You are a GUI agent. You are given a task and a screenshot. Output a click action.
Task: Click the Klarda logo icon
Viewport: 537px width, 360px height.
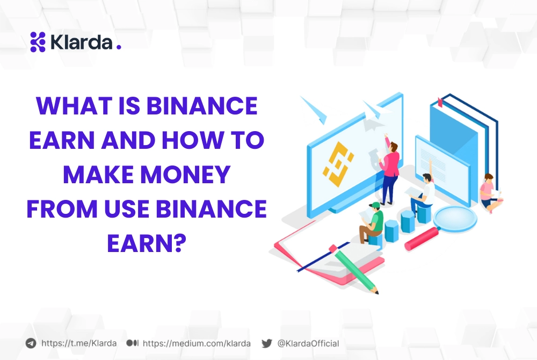tap(38, 42)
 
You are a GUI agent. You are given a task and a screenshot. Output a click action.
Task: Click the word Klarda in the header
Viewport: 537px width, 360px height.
tap(81, 42)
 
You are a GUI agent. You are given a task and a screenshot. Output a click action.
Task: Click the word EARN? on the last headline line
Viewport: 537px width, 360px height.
tap(147, 243)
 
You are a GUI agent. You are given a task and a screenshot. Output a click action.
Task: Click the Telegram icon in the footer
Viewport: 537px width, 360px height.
tap(31, 343)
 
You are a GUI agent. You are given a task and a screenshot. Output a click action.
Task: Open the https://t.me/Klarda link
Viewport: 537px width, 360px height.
tap(79, 343)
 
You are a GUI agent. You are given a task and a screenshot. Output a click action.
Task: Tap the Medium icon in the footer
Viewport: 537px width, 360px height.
tap(132, 343)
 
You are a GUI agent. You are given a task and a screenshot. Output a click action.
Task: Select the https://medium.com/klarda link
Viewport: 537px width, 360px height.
tap(197, 343)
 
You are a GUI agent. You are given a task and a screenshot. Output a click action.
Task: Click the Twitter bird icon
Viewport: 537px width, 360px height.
tap(267, 343)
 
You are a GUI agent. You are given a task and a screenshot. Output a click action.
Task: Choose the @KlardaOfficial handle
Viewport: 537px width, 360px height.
tap(308, 343)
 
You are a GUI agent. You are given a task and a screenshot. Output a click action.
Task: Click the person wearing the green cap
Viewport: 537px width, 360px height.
tap(371, 222)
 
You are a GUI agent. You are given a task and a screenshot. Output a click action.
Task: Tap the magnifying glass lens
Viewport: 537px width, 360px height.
tap(455, 218)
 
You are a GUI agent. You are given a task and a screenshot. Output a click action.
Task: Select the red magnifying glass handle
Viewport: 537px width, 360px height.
tap(422, 239)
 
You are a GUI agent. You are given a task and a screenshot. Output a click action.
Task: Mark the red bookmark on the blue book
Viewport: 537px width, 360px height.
tap(440, 102)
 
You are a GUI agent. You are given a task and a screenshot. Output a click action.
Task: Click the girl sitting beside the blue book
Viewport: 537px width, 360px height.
tap(490, 193)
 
